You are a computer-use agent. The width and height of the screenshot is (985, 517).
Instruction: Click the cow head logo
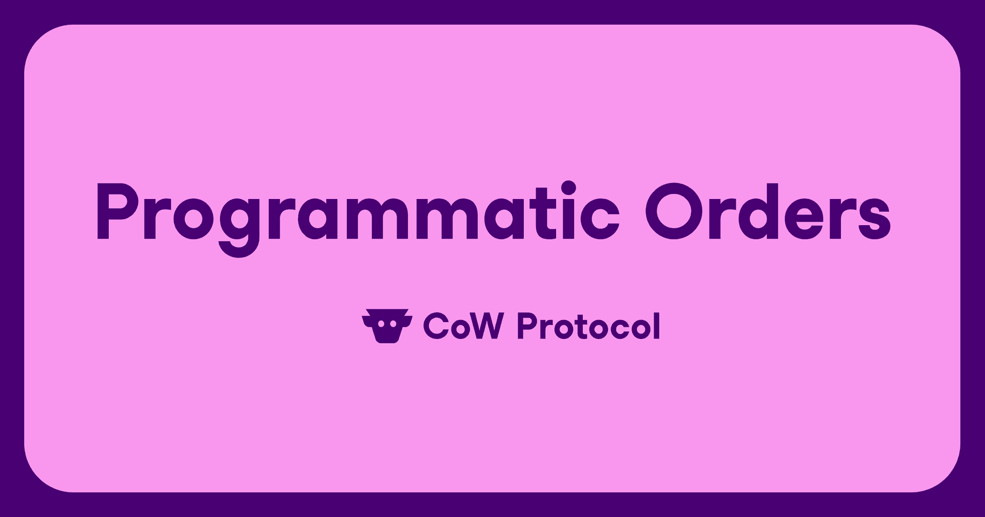point(387,326)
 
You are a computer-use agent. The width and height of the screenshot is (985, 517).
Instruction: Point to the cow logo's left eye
point(381,324)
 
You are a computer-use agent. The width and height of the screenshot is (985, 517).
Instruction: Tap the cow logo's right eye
point(393,324)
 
